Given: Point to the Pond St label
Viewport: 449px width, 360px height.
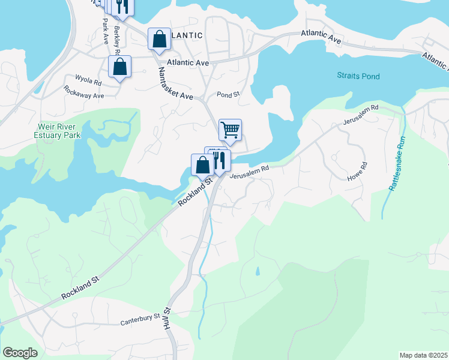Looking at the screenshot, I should tap(228, 95).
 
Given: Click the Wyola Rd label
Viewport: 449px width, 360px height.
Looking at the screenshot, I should tap(88, 79).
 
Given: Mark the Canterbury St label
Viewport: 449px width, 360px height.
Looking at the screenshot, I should tap(139, 317).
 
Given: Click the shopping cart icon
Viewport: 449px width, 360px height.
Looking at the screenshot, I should tap(230, 129).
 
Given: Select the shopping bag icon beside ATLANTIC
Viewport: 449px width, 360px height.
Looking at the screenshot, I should tap(160, 40).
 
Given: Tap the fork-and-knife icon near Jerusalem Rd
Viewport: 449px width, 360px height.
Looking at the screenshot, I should tap(220, 160).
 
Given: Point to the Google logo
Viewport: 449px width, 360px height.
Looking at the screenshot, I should tap(20, 353).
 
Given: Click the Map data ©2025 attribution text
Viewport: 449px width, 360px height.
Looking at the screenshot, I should tap(423, 355).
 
